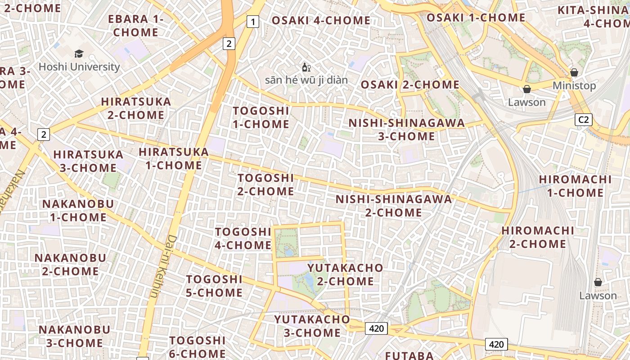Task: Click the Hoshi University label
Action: click(x=79, y=67)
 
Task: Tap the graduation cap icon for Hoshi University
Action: click(x=79, y=54)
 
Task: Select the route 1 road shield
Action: click(x=253, y=21)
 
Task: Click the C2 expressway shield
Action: click(x=584, y=120)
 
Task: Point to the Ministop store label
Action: click(x=574, y=85)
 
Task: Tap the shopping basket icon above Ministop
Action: click(x=574, y=72)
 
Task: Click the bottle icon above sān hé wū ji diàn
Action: click(x=306, y=67)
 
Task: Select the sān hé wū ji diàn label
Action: click(x=306, y=80)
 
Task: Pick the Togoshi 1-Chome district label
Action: click(x=261, y=117)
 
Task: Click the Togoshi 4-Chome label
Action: click(x=243, y=238)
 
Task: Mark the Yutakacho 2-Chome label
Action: click(x=345, y=274)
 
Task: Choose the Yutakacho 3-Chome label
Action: click(x=312, y=326)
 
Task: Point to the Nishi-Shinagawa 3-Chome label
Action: click(x=406, y=130)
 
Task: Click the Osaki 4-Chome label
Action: click(x=321, y=20)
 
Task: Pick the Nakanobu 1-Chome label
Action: click(x=78, y=211)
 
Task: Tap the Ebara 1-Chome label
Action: click(x=135, y=26)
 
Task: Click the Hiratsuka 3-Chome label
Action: click(x=88, y=161)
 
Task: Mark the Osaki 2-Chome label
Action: click(x=410, y=85)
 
